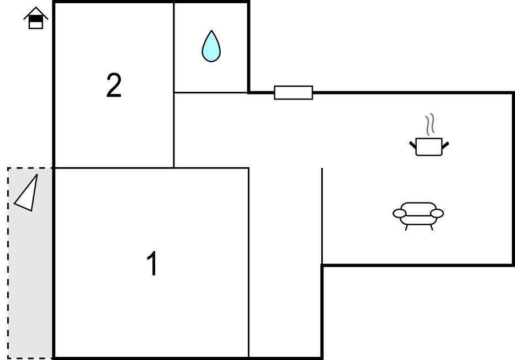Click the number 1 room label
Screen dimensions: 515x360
pos(152,263)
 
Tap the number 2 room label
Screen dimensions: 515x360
pos(114,85)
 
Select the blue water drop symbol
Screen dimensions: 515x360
pos(211,46)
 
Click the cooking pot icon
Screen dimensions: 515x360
pos(429,135)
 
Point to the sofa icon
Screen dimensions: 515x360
pos(418,216)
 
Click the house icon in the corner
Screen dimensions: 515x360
pos(36,18)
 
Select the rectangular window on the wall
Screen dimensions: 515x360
pos(293,93)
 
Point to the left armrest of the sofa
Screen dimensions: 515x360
pos(400,214)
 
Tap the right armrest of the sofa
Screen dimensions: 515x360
pos(437,214)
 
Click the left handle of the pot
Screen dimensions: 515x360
pos(413,145)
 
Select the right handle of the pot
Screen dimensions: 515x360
pos(445,145)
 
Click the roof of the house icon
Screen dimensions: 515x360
pos(36,13)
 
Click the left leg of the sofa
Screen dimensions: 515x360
pos(407,227)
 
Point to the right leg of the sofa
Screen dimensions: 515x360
pos(431,227)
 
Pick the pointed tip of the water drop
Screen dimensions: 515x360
pos(211,30)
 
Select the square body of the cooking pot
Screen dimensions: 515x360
pos(429,147)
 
